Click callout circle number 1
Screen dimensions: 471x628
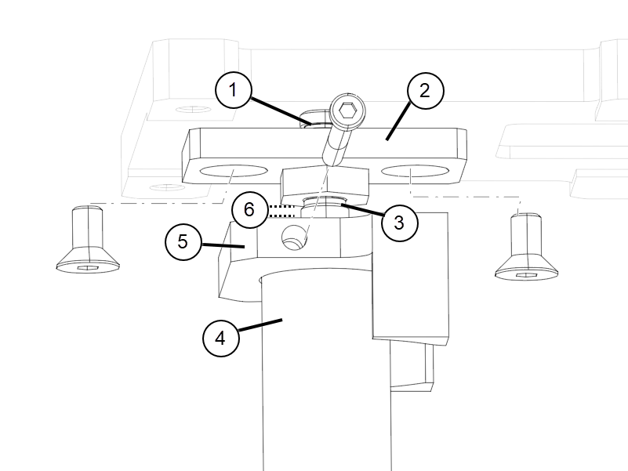click(232, 91)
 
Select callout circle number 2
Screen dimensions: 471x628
click(424, 91)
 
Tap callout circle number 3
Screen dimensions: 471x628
click(398, 223)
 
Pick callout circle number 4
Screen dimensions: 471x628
click(220, 339)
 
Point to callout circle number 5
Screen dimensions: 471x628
click(183, 241)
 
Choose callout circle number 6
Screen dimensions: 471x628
click(249, 209)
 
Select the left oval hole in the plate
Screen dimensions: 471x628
click(233, 171)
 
